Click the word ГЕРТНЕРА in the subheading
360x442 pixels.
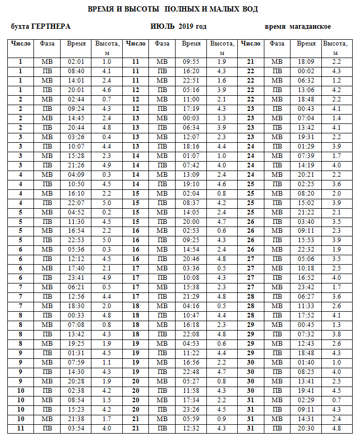click(51, 27)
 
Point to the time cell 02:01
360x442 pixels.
click(76, 62)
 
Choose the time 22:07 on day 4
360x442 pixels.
click(76, 203)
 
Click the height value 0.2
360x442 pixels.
click(107, 212)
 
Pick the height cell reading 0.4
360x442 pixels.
click(107, 137)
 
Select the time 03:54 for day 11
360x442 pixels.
click(76, 429)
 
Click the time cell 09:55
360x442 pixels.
click(191, 62)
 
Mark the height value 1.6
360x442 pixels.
click(222, 81)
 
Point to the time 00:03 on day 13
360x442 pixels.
click(191, 118)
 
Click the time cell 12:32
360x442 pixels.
click(191, 429)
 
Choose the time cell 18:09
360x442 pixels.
click(306, 62)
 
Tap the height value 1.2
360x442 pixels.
click(336, 81)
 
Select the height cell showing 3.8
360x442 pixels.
click(336, 334)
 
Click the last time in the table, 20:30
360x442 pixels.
click(306, 429)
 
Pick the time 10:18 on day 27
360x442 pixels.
click(306, 269)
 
